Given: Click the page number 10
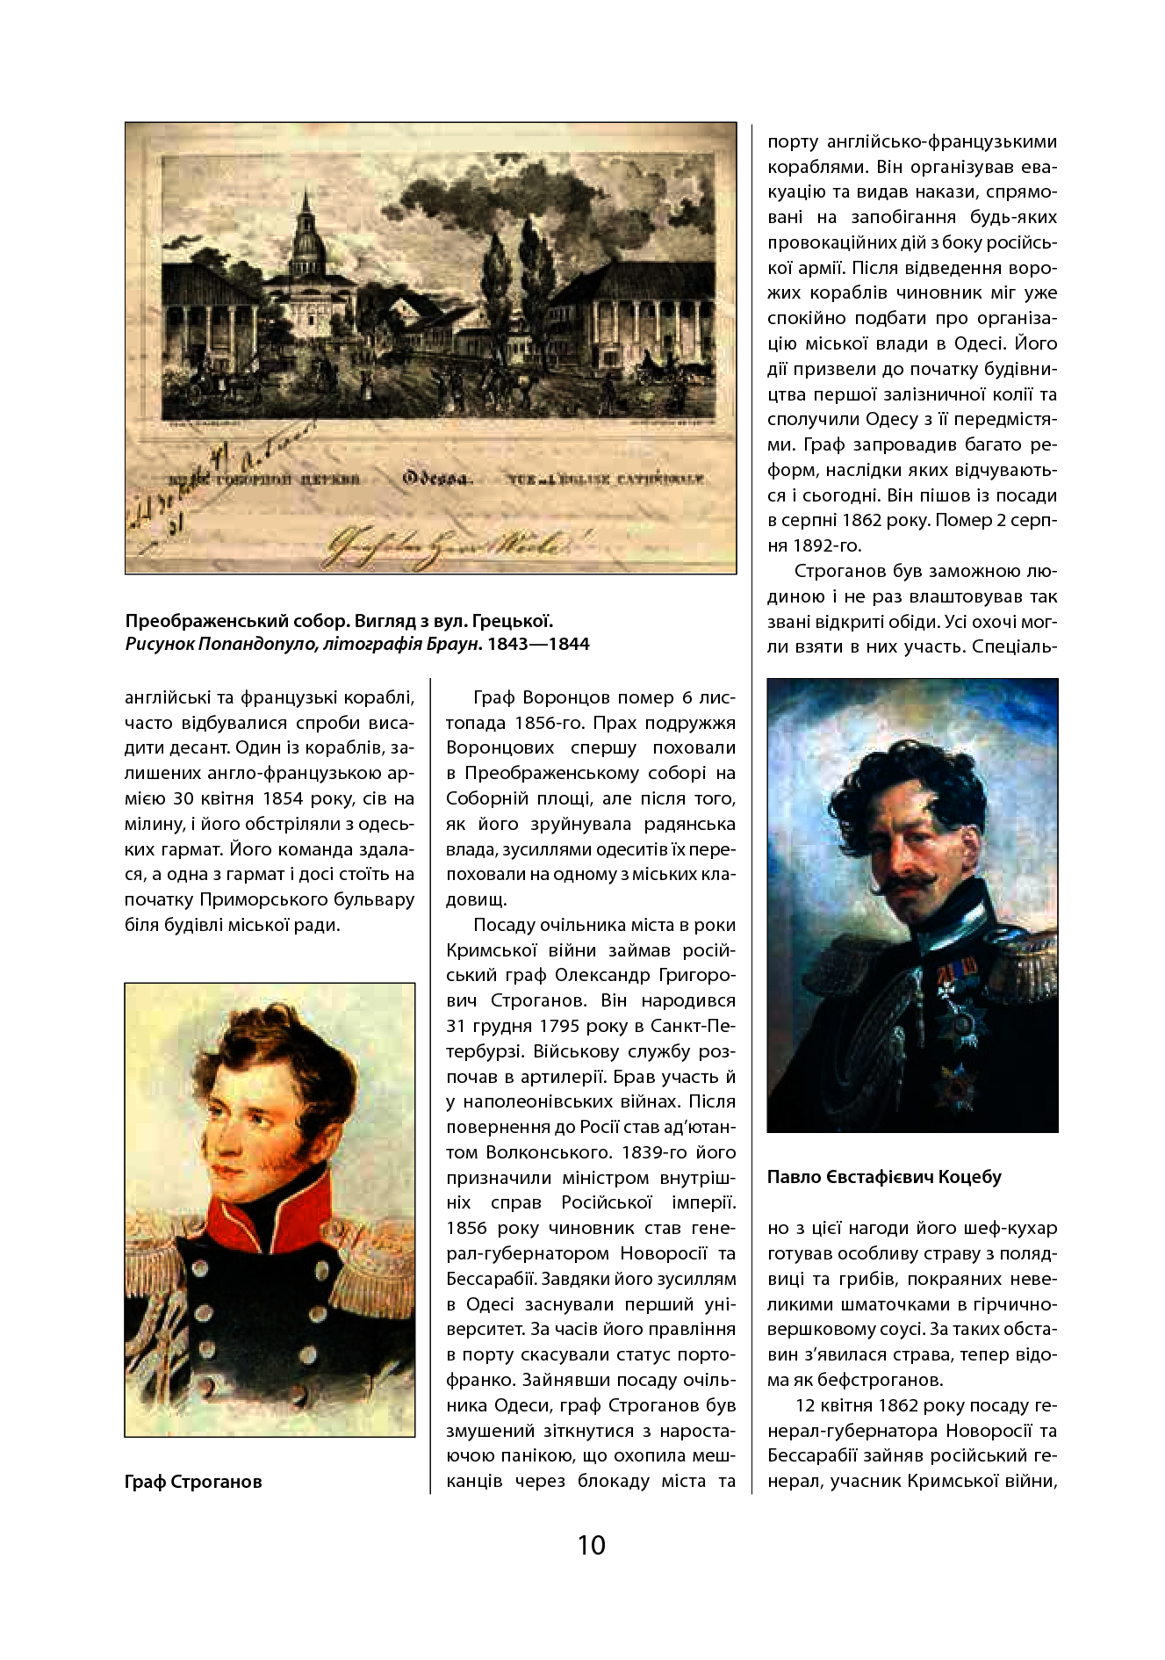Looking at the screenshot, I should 591,1544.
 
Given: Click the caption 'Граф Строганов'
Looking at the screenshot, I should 193,1482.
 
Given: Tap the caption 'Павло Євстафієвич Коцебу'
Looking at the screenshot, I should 884,1177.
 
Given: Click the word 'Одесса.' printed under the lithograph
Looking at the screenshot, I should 438,479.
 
